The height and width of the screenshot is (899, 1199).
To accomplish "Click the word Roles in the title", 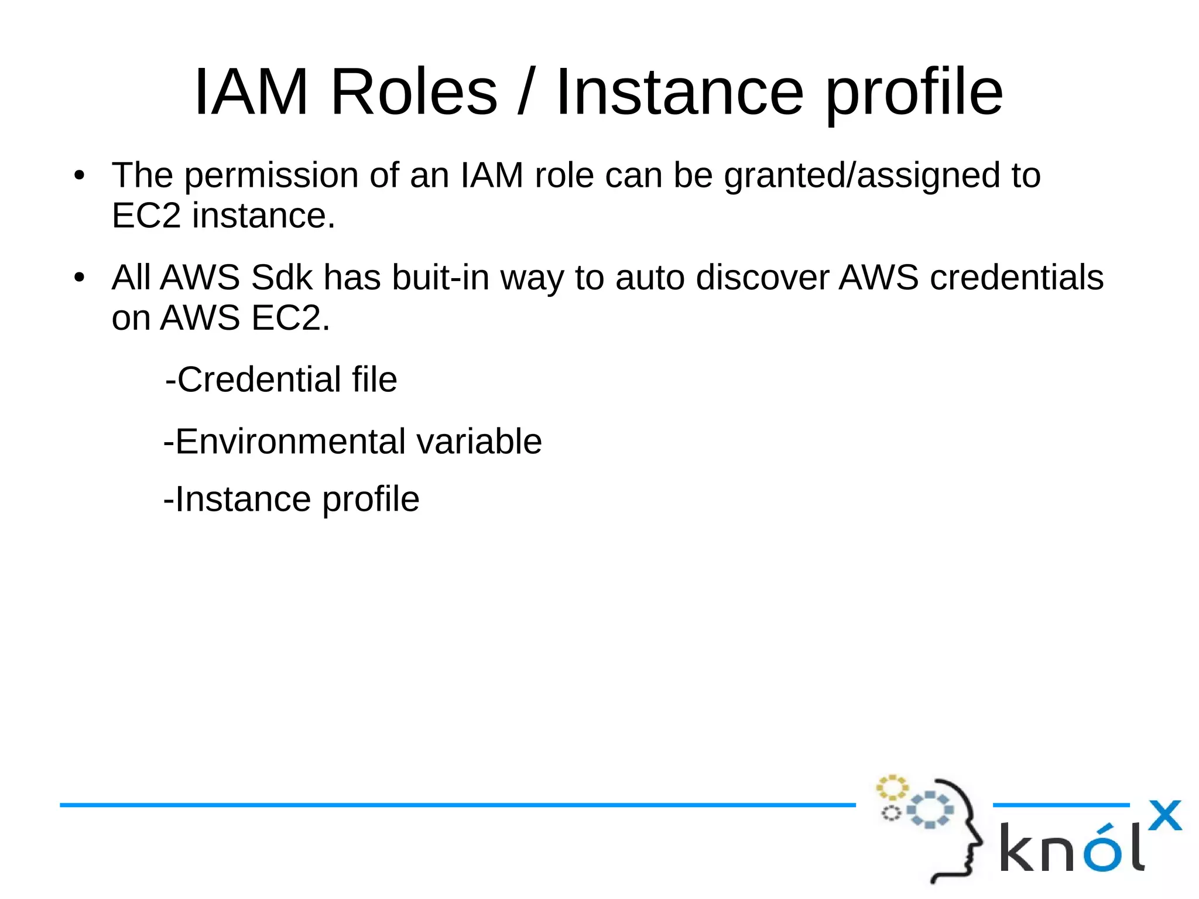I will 413,92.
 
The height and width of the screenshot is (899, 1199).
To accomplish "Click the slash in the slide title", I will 525,92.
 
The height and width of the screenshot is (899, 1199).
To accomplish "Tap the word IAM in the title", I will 251,92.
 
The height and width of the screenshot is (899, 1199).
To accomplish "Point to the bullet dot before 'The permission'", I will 80,175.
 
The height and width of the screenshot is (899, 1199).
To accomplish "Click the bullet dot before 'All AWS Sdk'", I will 80,278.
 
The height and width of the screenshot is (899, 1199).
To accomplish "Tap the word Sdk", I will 282,277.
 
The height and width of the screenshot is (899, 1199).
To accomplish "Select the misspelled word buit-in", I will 440,277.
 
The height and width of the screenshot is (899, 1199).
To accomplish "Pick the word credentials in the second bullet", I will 1016,277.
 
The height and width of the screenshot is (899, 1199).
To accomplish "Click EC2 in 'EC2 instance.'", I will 146,216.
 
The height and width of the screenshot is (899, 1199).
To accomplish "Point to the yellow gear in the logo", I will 892,788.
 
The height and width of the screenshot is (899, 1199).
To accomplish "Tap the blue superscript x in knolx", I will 1164,815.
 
